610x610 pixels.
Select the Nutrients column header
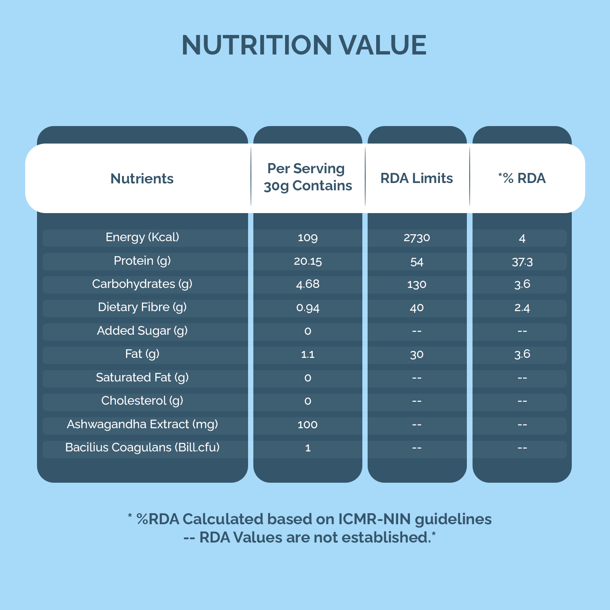pos(142,179)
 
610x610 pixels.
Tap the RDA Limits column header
pos(416,178)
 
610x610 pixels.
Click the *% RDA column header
pos(522,178)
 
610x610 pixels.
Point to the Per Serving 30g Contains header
pos(307,177)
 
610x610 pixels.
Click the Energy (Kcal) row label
pos(142,237)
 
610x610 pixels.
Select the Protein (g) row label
pos(142,261)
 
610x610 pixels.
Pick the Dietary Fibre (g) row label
pos(142,307)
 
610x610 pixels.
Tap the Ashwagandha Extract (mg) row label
pos(142,424)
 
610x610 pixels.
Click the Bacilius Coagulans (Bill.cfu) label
pos(142,447)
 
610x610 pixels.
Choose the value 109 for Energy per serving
pos(307,238)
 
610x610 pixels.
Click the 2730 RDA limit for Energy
pos(417,238)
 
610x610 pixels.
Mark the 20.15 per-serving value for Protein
pos(307,261)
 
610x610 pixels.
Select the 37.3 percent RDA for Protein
pos(522,262)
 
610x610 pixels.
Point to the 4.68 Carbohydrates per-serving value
pos(307,284)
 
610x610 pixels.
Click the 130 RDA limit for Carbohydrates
pos(417,285)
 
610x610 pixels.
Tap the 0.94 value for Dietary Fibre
pos(307,308)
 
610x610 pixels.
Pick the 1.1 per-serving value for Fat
pos(307,355)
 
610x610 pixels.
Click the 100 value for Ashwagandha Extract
pos(307,425)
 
